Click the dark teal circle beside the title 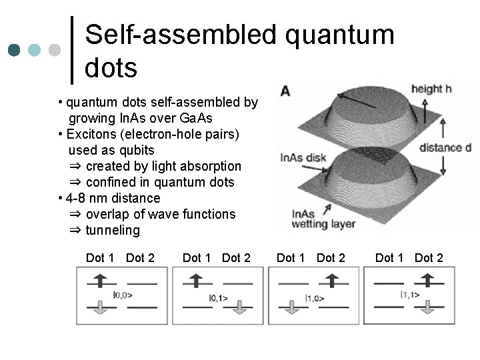[15, 50]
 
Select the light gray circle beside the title [55, 50]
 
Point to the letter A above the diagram [285, 90]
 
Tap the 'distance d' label [445, 147]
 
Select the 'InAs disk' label [303, 157]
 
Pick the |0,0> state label [123, 293]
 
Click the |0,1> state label [218, 298]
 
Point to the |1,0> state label [315, 298]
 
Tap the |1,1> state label [410, 294]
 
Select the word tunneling [113, 230]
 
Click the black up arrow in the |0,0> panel [99, 281]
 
